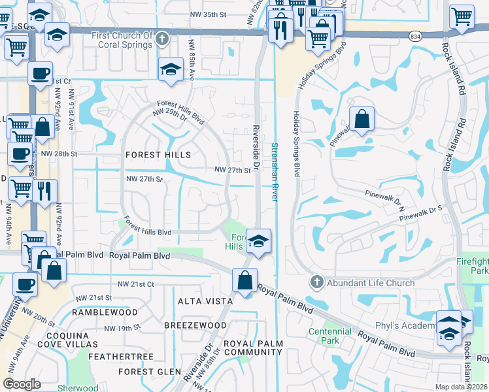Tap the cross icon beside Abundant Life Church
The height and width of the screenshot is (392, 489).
click(x=317, y=283)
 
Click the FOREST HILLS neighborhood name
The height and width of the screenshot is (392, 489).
click(x=158, y=155)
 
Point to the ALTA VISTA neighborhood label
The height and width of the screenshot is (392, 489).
click(x=205, y=301)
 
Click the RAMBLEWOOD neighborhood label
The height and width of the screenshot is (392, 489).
click(x=105, y=313)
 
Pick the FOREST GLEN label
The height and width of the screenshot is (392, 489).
click(x=150, y=372)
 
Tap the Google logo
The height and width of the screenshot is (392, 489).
click(x=22, y=384)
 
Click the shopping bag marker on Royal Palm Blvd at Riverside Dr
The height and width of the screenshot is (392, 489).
click(x=244, y=282)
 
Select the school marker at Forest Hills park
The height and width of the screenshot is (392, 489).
click(x=259, y=242)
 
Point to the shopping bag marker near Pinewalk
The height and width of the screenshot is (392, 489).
click(x=362, y=120)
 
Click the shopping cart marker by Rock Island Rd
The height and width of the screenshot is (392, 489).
click(x=462, y=17)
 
